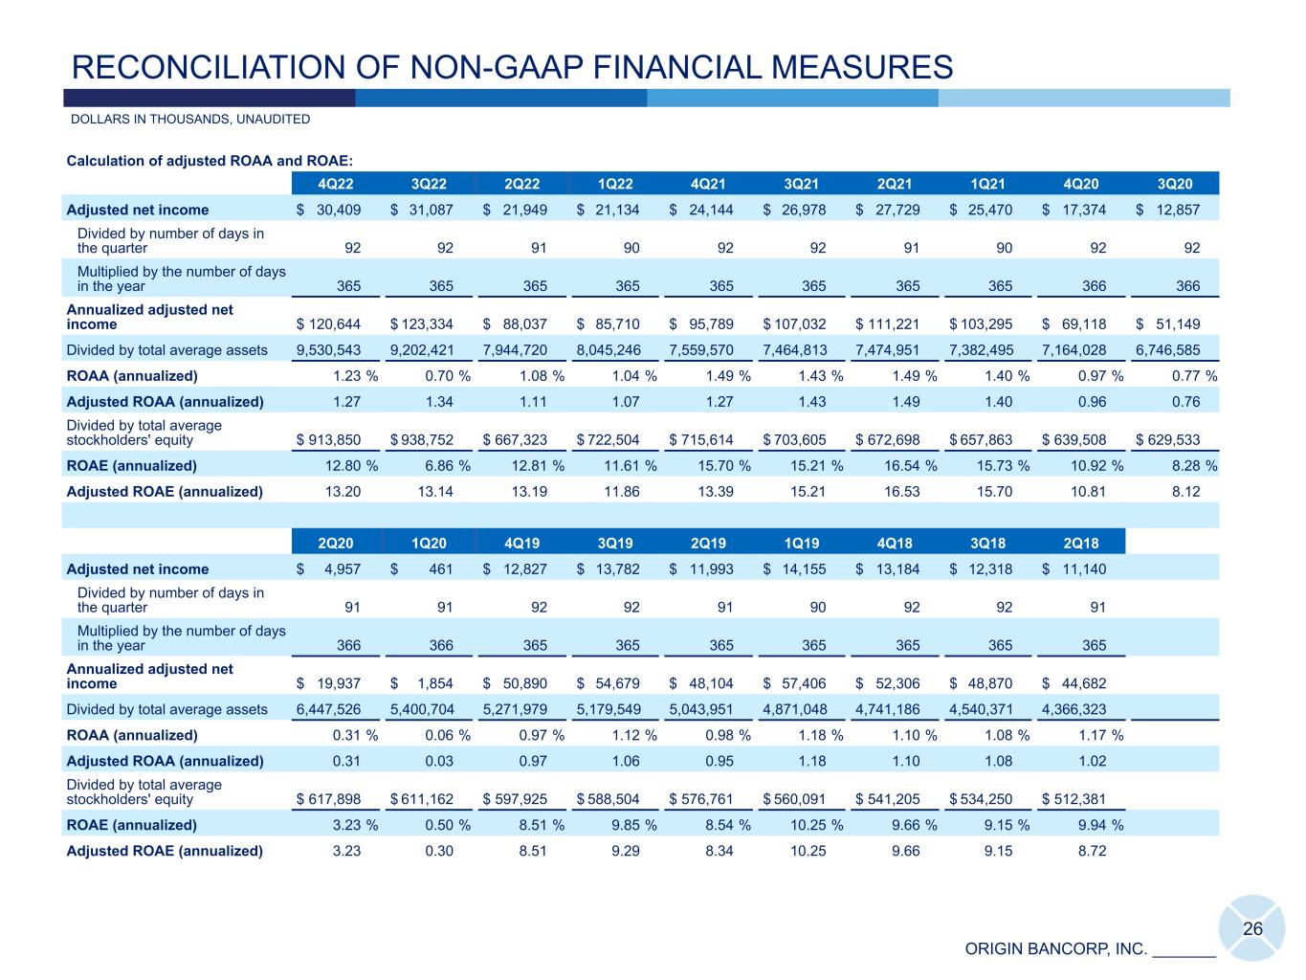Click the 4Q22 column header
(334, 184)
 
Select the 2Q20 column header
(334, 543)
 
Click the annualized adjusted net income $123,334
(422, 323)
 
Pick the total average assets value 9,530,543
(329, 349)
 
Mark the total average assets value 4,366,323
(1074, 709)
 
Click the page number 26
(1252, 928)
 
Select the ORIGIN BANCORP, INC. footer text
(1055, 949)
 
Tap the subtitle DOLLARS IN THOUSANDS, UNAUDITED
(190, 120)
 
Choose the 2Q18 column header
(1080, 543)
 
